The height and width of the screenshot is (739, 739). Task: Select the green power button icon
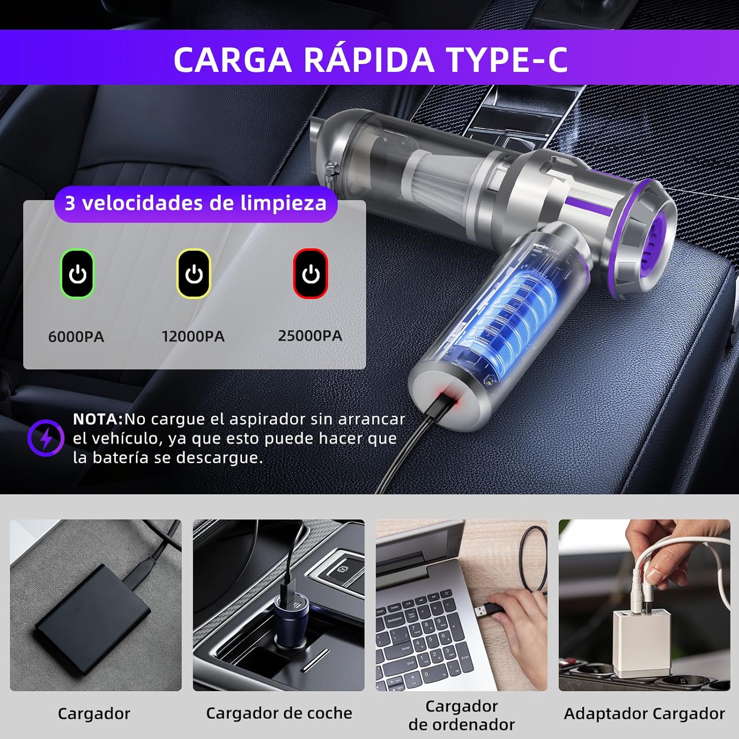coord(77,274)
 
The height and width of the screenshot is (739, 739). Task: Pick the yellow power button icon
coord(194,274)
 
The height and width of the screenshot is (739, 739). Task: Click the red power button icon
coord(310,274)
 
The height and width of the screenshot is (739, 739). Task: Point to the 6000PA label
coord(76,337)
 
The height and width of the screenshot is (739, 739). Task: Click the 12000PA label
coord(193,336)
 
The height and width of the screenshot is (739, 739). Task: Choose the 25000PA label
coord(310,336)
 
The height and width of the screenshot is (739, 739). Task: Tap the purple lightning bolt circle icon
coord(46,438)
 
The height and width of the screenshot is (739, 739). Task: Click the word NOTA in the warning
coord(96,419)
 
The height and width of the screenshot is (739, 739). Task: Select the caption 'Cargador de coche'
coord(279,713)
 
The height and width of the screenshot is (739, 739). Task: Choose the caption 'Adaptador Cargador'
coord(644,714)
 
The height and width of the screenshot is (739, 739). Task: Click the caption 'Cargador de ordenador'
coord(462,715)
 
